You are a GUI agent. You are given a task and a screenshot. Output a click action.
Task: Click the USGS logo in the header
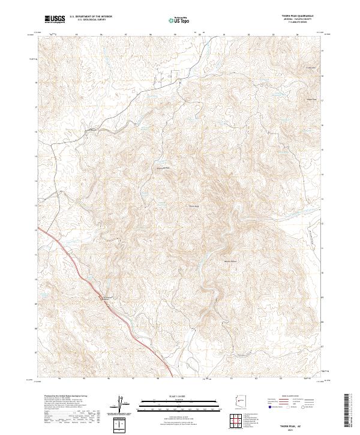point(55,19)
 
